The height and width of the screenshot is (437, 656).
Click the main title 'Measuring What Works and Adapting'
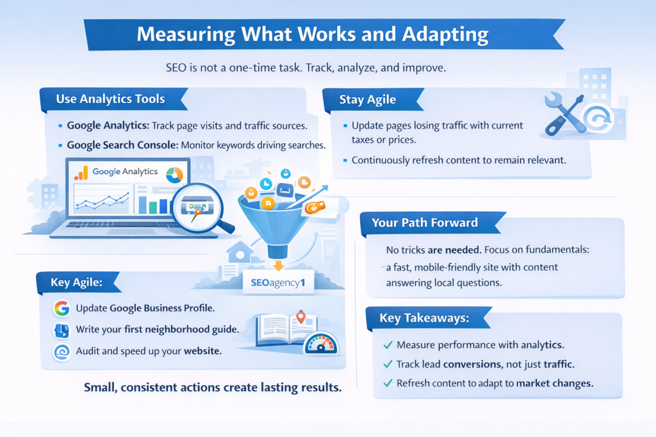point(313,35)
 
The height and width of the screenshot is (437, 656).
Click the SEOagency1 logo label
point(278,283)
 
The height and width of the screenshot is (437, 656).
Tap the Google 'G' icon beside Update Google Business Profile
point(61,308)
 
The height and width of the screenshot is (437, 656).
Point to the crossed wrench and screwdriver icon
point(565,114)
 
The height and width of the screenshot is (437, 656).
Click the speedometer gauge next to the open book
point(321,344)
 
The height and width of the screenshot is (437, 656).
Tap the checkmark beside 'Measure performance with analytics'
point(388,345)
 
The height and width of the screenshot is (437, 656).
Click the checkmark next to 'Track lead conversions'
point(388,364)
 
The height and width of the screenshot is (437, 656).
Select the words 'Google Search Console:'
point(122,145)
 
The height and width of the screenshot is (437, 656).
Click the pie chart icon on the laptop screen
point(174,175)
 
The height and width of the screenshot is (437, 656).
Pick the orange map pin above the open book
point(300,317)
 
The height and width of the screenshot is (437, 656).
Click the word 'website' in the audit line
point(202,351)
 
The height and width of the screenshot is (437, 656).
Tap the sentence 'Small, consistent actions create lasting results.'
point(213,387)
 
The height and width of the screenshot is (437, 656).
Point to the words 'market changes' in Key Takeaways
point(555,383)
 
